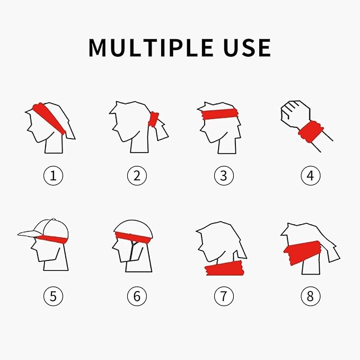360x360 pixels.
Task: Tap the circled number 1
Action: [52, 176]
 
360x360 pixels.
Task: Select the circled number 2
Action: [137, 176]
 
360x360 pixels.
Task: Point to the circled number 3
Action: [223, 176]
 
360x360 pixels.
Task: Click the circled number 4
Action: [311, 176]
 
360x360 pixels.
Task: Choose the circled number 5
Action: [52, 296]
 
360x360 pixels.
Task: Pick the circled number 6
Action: [137, 296]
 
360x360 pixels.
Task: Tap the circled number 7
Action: [223, 296]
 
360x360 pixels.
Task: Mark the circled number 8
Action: [311, 296]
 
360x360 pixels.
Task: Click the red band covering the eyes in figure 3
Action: [218, 113]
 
